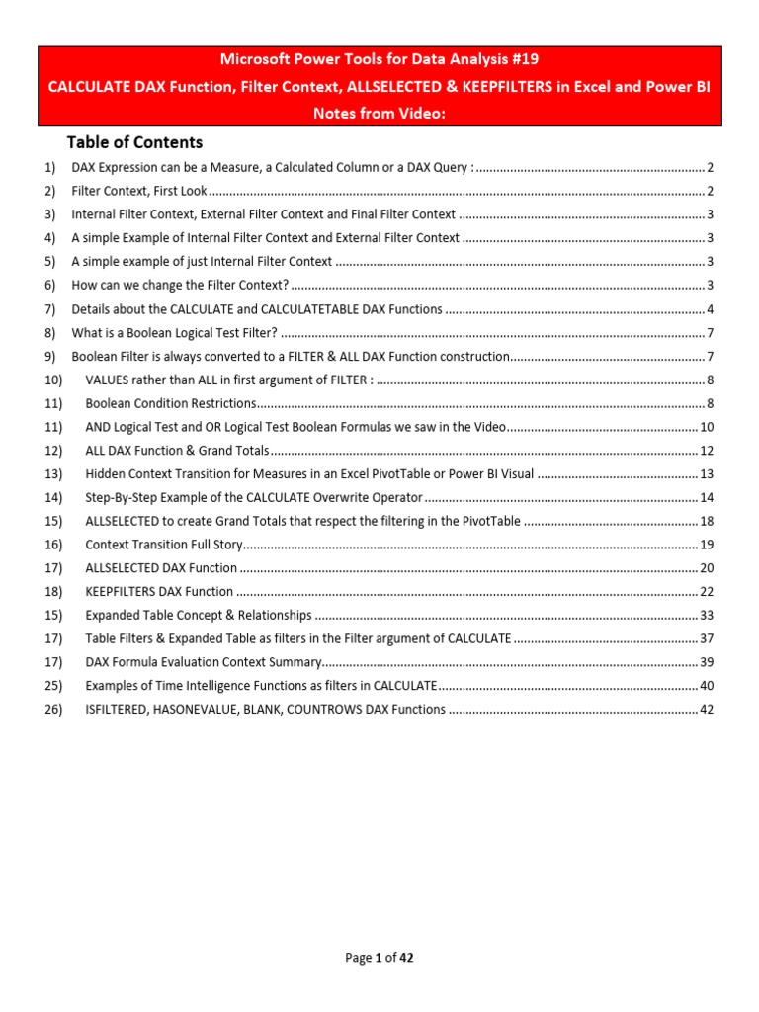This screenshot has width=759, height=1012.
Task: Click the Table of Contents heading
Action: point(134,142)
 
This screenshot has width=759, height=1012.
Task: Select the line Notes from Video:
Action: point(379,113)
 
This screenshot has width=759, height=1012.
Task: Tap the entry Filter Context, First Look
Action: point(139,191)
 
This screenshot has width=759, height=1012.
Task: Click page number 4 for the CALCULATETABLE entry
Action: point(711,309)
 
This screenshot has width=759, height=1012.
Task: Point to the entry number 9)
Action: point(50,356)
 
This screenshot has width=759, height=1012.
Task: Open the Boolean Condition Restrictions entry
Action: point(171,403)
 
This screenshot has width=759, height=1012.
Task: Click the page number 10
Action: point(707,427)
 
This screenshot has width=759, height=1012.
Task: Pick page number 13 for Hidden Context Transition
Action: point(707,474)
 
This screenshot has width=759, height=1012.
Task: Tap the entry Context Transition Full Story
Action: point(163,545)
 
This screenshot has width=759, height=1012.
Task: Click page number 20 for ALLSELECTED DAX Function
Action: point(707,568)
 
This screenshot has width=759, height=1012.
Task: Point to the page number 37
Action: point(707,638)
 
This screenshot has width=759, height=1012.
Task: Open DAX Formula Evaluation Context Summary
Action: point(204,662)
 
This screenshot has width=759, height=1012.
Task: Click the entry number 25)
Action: point(53,686)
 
